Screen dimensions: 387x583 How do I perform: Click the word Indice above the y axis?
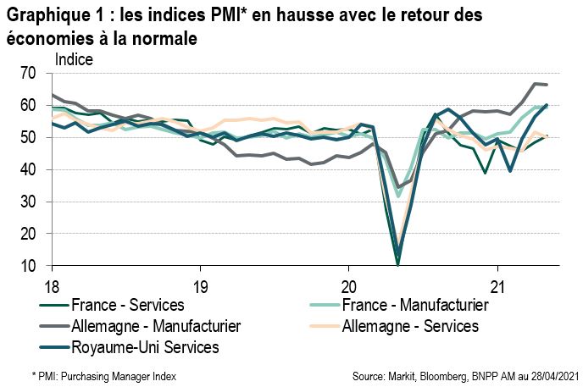(x=74, y=59)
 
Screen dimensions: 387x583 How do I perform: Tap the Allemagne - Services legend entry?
(x=410, y=325)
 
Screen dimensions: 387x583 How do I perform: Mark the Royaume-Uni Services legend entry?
(x=145, y=346)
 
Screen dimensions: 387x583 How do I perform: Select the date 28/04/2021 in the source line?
(x=541, y=373)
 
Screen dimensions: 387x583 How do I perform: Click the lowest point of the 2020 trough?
(x=398, y=263)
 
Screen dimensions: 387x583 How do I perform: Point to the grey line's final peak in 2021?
(x=535, y=84)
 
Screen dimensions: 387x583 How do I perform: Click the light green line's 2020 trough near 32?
(x=398, y=196)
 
